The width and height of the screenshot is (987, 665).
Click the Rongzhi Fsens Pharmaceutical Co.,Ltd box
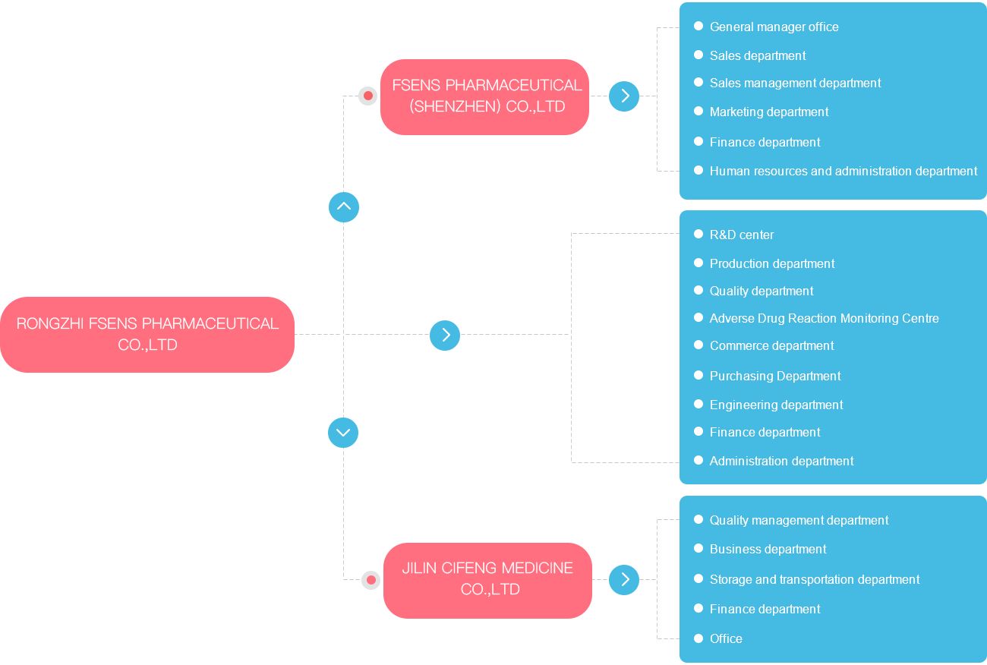(x=147, y=335)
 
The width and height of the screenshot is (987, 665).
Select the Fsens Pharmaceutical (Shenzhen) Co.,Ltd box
(x=484, y=97)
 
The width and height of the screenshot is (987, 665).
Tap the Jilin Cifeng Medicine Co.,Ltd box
(x=487, y=581)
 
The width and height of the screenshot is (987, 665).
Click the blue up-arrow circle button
(x=344, y=207)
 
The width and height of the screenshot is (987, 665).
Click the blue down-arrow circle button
(x=343, y=433)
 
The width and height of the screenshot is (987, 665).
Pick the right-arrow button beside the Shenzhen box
(x=624, y=96)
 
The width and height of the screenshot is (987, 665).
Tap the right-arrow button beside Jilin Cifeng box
(x=624, y=580)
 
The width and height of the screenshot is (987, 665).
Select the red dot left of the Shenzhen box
(x=368, y=96)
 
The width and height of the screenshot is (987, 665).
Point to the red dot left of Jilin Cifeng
(x=371, y=580)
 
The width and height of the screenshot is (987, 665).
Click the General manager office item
(x=774, y=27)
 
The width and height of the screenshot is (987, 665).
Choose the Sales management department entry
(x=795, y=83)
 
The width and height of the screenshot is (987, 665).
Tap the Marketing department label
(x=769, y=112)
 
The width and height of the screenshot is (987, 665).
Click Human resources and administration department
(x=844, y=171)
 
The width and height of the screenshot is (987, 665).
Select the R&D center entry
(x=742, y=235)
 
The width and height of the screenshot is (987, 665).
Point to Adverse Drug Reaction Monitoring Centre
(x=824, y=318)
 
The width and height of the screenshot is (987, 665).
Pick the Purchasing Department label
(x=775, y=376)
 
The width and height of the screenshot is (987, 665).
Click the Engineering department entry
(x=776, y=405)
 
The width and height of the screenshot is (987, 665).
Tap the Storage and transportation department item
(x=814, y=579)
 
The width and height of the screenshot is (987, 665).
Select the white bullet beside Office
(x=698, y=638)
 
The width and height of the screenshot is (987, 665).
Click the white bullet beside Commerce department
(x=698, y=345)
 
